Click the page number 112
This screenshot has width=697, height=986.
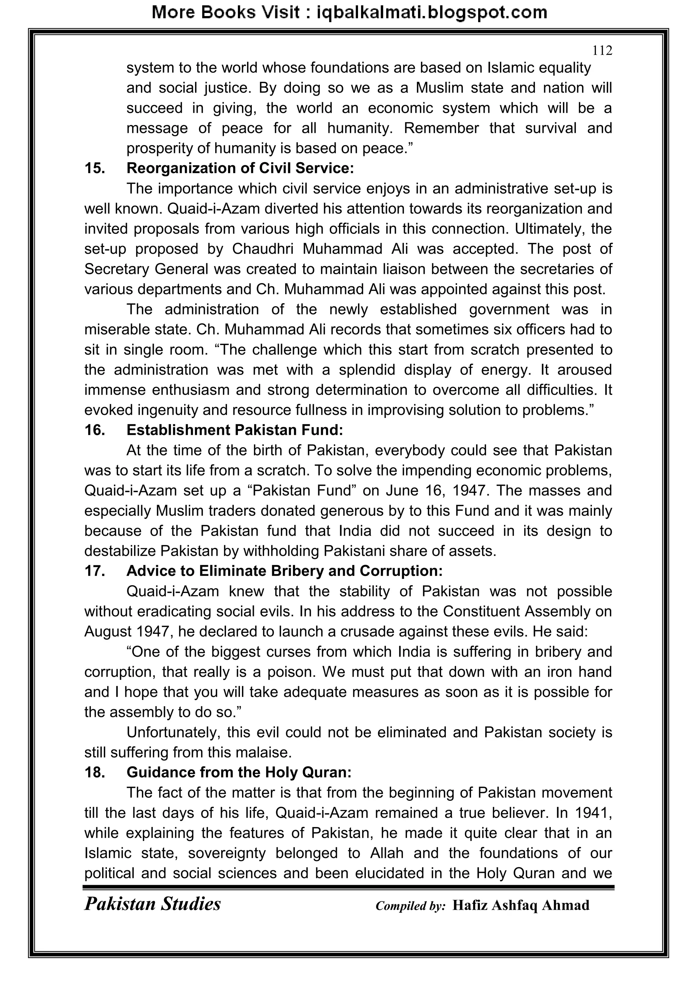(x=602, y=51)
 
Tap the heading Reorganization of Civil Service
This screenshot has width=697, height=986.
(x=240, y=168)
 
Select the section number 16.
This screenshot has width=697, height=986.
(x=94, y=430)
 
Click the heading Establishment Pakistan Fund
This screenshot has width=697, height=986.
(x=235, y=430)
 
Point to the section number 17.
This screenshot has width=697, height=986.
(x=94, y=571)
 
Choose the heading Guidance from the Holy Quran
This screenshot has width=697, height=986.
(x=239, y=772)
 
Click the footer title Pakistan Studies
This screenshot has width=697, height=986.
(x=152, y=904)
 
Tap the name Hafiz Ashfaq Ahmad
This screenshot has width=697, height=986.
(x=521, y=905)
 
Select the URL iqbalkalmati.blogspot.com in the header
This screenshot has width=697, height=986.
(x=432, y=13)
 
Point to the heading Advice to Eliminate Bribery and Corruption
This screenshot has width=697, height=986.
(x=284, y=571)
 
